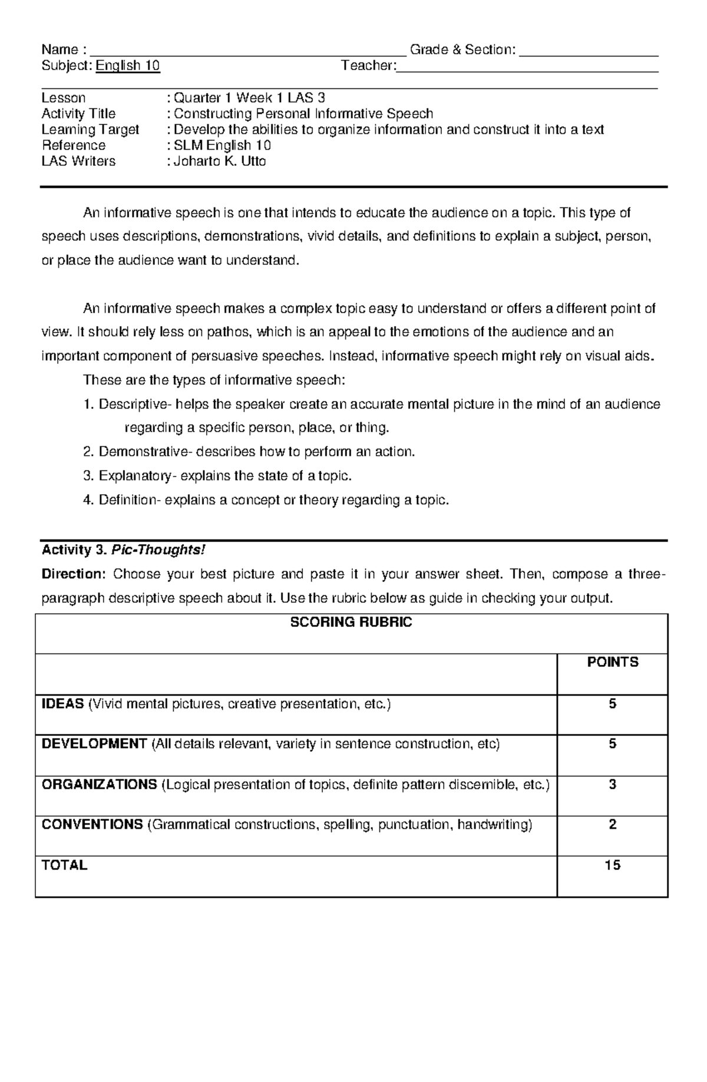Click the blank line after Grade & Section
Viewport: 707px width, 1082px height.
tap(589, 52)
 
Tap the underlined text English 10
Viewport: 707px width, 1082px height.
tap(128, 65)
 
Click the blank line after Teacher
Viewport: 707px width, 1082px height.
tap(527, 68)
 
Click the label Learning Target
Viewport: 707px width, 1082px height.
tap(90, 130)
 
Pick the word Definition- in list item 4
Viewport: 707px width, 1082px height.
tap(129, 501)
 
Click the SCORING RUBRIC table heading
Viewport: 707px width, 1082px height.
tap(351, 623)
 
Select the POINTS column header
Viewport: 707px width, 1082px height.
tap(612, 663)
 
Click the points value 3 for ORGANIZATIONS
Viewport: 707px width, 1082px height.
tap(612, 785)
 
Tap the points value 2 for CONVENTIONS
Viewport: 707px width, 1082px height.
tap(612, 825)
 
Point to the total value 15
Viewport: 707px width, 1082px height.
tap(612, 866)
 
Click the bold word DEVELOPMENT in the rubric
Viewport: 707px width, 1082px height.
tap(94, 744)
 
